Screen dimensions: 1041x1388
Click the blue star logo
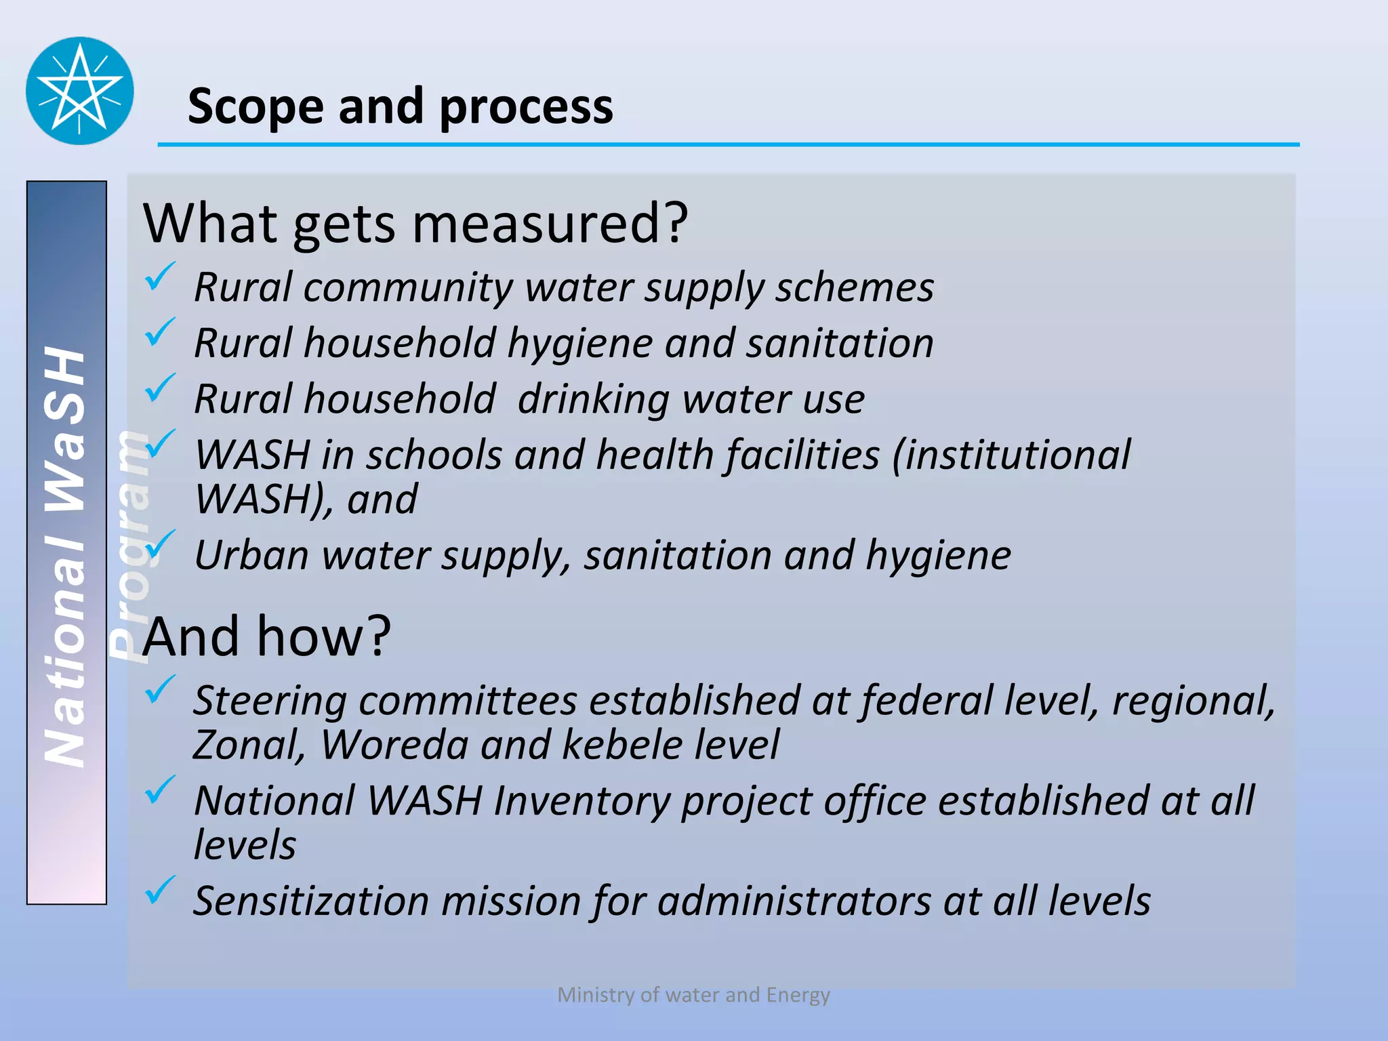80,91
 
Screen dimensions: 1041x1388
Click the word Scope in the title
256,107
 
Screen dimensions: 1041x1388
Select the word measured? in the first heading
550,224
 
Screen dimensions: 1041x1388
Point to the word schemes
855,287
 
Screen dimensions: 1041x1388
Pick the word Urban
251,555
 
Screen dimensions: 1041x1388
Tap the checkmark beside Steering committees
160,689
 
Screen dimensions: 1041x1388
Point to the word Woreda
394,745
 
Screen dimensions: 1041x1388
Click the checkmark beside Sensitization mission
160,891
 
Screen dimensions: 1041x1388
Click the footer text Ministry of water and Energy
693,995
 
